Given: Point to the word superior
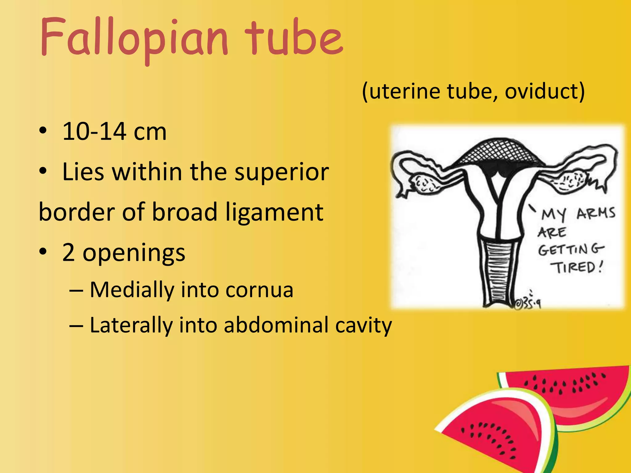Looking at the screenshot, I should (282, 172).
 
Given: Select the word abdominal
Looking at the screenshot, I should (276, 325).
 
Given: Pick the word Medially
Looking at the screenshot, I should (132, 290).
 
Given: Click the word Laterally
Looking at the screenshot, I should (131, 325).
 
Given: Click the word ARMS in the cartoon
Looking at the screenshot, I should (595, 213).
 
